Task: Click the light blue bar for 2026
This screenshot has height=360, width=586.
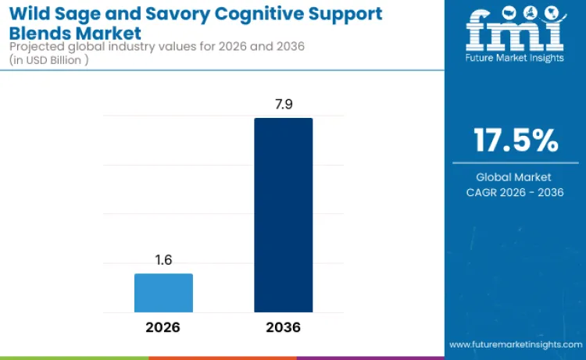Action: (163, 293)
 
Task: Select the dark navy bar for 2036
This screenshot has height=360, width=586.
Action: (283, 216)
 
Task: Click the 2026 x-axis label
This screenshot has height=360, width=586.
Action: (163, 327)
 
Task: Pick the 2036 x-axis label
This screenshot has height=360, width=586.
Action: (283, 327)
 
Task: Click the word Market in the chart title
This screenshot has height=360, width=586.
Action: (109, 34)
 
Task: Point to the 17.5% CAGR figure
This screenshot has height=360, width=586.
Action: (516, 141)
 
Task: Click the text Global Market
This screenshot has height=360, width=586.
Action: (515, 177)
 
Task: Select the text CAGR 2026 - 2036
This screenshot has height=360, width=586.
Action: (515, 193)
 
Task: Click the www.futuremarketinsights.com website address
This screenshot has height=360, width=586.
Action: (515, 344)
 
